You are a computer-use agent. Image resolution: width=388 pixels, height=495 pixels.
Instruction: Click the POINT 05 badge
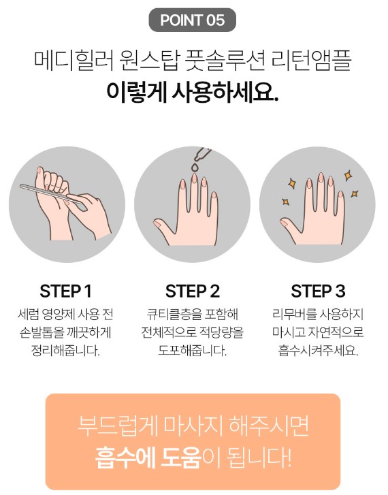point(192,20)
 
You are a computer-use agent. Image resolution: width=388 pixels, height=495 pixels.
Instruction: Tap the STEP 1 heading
point(65,291)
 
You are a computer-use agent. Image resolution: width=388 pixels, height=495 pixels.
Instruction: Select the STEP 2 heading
point(192,291)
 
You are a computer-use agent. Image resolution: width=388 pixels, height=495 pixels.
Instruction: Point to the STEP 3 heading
point(318,291)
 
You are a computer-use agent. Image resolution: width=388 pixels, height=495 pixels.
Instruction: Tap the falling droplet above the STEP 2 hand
point(195,167)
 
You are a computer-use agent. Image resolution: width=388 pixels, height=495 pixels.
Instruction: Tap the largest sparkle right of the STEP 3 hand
point(348,175)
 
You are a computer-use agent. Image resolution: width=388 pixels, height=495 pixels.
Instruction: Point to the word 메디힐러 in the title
point(74,60)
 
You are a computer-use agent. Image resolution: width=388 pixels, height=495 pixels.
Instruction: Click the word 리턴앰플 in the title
point(311,60)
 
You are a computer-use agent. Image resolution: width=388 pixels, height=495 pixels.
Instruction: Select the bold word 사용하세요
point(225,91)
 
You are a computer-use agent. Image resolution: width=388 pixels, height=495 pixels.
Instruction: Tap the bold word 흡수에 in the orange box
point(125,458)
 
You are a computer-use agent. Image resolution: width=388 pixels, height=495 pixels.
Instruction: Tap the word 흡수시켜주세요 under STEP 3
point(318,351)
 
